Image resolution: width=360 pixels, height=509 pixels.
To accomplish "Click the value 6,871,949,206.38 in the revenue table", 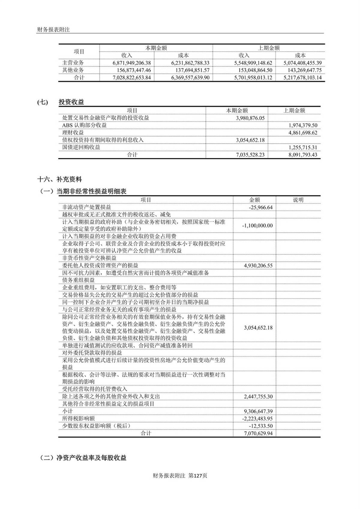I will [x=132, y=63].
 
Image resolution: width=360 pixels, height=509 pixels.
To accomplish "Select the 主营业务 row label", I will [x=73, y=63].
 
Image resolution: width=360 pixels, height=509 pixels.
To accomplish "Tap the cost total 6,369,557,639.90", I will [x=190, y=78].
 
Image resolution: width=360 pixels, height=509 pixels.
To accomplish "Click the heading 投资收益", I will [x=71, y=102].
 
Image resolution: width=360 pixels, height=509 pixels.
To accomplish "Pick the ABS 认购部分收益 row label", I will [x=84, y=125].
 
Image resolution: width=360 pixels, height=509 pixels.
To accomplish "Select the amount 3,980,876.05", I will [x=250, y=118].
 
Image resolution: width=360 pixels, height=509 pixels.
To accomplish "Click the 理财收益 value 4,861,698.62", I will [x=303, y=133].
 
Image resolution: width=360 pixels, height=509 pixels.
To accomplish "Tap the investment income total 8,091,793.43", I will [x=303, y=155].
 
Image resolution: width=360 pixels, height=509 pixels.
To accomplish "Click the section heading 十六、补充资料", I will [x=59, y=180].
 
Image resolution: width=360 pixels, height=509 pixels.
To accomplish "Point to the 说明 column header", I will [x=298, y=200].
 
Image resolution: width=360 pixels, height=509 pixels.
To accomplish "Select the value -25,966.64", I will [x=260, y=208].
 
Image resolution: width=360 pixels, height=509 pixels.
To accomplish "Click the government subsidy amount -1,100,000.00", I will [x=257, y=226].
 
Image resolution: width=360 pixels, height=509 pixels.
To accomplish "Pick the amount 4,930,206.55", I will [x=258, y=266].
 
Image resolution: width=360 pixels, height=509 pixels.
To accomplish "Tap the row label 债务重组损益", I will [x=79, y=280].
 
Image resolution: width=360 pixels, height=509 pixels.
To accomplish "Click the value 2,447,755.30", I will [x=258, y=397].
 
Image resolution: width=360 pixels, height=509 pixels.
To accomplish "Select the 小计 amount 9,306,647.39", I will [x=258, y=412].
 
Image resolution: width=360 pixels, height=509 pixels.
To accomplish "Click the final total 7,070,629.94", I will [x=258, y=433].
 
